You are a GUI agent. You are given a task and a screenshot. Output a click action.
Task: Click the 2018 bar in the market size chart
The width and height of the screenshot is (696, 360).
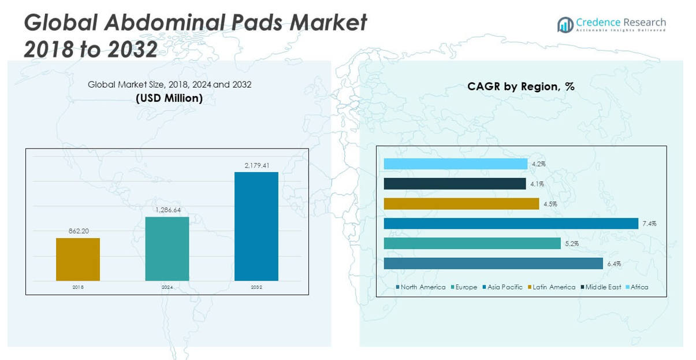[x=78, y=259]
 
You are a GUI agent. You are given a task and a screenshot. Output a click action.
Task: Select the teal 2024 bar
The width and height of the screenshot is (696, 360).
[x=167, y=248]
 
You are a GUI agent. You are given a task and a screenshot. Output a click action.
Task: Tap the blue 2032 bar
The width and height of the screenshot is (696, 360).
[x=256, y=226]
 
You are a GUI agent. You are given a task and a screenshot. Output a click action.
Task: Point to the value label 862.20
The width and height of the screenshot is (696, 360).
[x=78, y=231]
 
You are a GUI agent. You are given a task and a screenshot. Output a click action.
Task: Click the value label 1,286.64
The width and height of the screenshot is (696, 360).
[x=167, y=210]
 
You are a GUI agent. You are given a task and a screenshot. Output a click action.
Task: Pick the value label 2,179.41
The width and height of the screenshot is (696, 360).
[x=256, y=165]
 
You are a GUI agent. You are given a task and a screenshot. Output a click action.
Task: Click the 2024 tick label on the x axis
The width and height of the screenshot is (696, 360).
[x=167, y=287]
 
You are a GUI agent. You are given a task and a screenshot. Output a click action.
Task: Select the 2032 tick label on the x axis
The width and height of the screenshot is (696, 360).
[x=256, y=287]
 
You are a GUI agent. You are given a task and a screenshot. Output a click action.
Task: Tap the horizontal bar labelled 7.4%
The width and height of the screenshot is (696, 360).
[x=511, y=224]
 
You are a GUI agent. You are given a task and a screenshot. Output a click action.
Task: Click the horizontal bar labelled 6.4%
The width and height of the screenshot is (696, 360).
[x=493, y=263]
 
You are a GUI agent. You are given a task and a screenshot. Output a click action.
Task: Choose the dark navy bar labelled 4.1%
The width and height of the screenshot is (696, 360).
[x=455, y=184]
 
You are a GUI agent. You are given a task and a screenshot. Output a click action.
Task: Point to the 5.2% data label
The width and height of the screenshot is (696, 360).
[x=571, y=244]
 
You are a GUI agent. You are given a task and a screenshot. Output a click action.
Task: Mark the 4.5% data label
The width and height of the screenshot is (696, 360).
[x=550, y=204]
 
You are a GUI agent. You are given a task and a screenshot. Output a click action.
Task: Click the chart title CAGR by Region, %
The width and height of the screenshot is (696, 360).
[x=520, y=87]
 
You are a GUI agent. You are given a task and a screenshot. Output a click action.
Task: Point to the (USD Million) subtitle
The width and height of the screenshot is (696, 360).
[x=169, y=98]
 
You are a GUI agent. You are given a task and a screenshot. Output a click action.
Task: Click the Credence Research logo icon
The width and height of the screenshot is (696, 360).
[x=565, y=24]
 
